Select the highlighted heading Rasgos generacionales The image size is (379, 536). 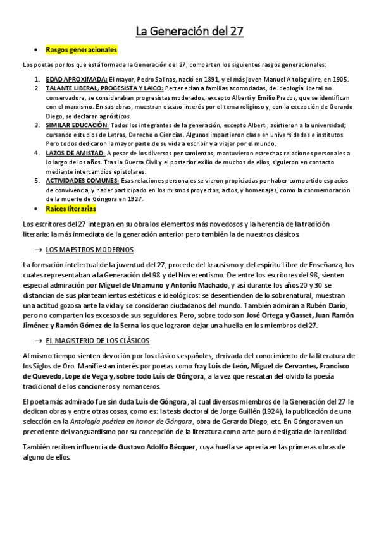(x=81, y=49)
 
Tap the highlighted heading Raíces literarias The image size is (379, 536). (x=71, y=208)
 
